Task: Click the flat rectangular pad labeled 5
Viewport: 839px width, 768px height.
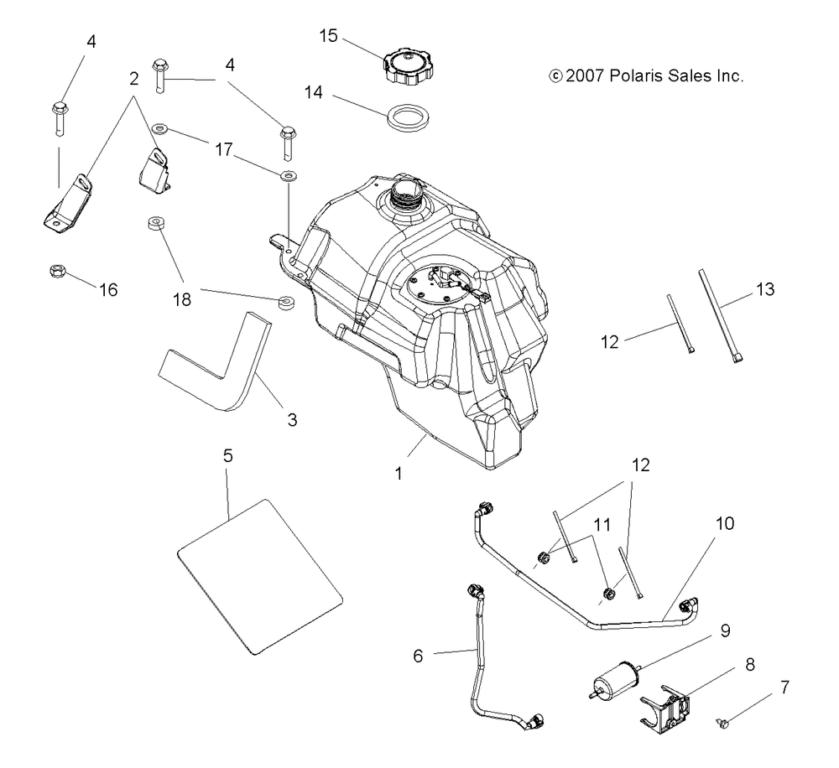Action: pyautogui.click(x=259, y=577)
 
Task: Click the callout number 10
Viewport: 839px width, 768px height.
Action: pyautogui.click(x=725, y=523)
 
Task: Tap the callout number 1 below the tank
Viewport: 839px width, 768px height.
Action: pyautogui.click(x=398, y=474)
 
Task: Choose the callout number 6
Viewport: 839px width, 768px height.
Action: pyautogui.click(x=418, y=656)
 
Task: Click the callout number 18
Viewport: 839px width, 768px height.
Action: pyautogui.click(x=182, y=299)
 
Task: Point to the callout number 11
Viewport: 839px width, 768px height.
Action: pyautogui.click(x=602, y=525)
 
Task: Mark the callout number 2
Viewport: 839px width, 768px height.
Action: pyautogui.click(x=133, y=79)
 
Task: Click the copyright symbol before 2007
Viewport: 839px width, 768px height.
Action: pyautogui.click(x=556, y=76)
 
